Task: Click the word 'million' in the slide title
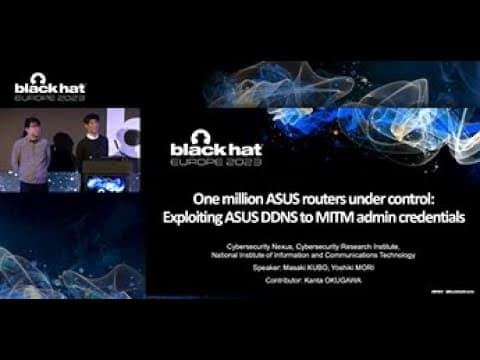click(x=250, y=198)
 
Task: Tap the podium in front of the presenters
click(x=108, y=176)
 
